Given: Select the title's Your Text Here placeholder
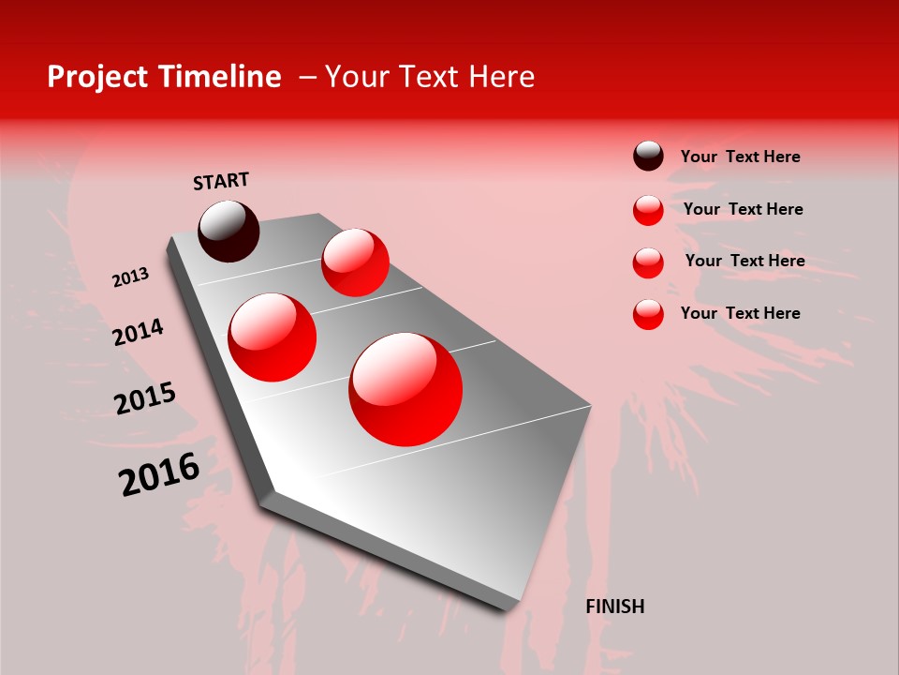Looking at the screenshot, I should [x=430, y=77].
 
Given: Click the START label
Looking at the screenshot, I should [x=221, y=181].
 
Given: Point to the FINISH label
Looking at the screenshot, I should [x=615, y=607].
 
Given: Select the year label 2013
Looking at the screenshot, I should [x=130, y=277].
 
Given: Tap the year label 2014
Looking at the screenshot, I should [x=138, y=332].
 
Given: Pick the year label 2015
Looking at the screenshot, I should [x=145, y=398].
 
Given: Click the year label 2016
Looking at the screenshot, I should [x=159, y=473].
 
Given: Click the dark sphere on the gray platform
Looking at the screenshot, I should [x=228, y=231].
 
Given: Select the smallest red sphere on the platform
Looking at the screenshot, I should [x=355, y=262].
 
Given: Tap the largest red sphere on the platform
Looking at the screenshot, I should [x=405, y=389].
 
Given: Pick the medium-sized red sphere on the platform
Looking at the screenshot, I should [x=272, y=337].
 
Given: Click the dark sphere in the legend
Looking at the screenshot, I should [x=648, y=157].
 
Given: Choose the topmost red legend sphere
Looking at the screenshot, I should [x=648, y=210].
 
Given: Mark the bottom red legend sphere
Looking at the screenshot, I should [x=648, y=314].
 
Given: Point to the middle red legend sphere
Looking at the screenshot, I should [x=648, y=262].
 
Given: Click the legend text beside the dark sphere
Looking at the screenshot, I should [x=740, y=157].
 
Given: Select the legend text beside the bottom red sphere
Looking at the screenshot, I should [x=740, y=313].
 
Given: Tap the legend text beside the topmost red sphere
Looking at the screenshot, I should [x=743, y=209].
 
